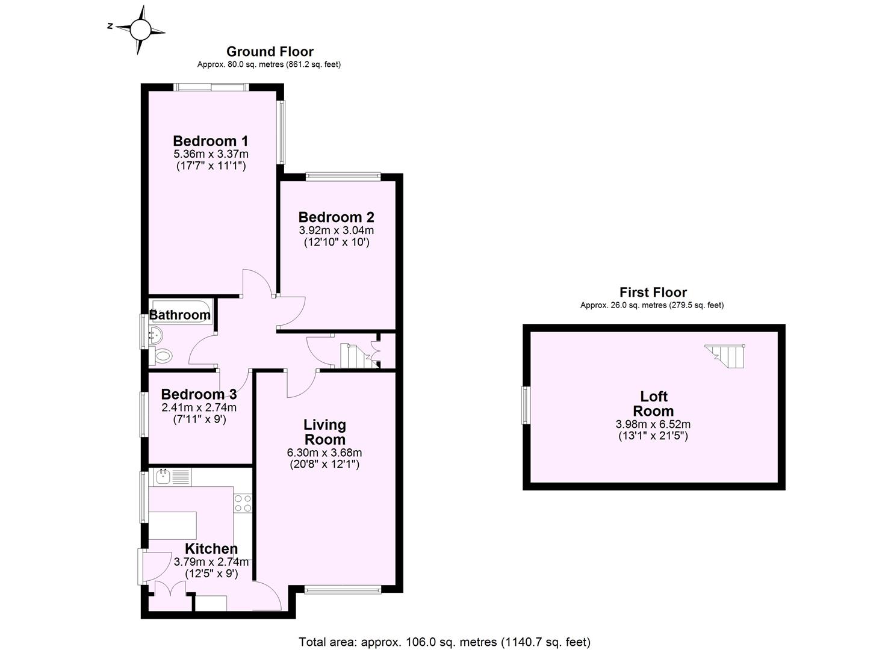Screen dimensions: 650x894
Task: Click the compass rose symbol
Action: (x=140, y=28)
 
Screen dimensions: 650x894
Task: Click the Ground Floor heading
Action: (x=269, y=52)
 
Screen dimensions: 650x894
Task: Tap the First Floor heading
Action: (x=653, y=292)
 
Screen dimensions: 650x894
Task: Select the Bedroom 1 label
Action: (x=210, y=141)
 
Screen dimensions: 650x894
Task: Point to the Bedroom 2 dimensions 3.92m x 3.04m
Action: (x=336, y=231)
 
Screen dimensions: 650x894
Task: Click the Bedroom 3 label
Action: (x=199, y=395)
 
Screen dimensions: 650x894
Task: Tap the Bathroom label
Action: (x=180, y=315)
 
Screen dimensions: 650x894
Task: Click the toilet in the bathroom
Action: (x=161, y=356)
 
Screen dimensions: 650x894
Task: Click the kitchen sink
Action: (x=163, y=478)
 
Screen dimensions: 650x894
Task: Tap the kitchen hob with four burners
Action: (x=243, y=503)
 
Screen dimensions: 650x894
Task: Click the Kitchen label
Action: (x=211, y=549)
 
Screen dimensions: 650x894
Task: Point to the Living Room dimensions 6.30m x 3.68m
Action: (x=324, y=453)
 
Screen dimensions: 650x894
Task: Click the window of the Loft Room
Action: (x=526, y=406)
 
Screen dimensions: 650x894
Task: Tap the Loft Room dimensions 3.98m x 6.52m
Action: (x=653, y=424)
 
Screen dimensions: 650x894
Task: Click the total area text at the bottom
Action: (x=444, y=642)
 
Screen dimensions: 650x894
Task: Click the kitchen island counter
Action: (x=173, y=525)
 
